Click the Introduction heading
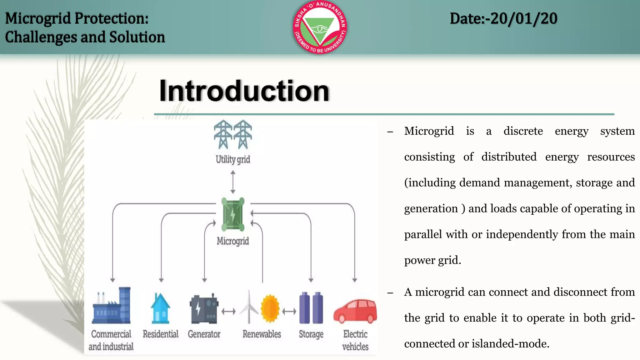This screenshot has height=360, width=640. pyautogui.click(x=244, y=91)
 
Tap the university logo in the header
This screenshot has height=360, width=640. pyautogui.click(x=320, y=27)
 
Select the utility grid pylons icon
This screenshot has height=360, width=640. pyautogui.click(x=233, y=135)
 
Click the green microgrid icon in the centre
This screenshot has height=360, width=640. pyautogui.click(x=233, y=214)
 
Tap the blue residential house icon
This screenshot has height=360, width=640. pyautogui.click(x=160, y=309)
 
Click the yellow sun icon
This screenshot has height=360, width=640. pyautogui.click(x=270, y=309)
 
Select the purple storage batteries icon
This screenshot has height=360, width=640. pyautogui.click(x=311, y=308)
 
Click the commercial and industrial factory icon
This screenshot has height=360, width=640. pyautogui.click(x=111, y=306)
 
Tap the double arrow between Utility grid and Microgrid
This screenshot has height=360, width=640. pyautogui.click(x=233, y=182)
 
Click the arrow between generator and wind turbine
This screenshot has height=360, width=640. pyautogui.click(x=228, y=312)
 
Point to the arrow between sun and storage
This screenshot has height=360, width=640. pyautogui.click(x=289, y=312)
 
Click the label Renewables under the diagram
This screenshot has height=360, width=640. pyautogui.click(x=262, y=334)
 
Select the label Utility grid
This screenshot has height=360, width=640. pyautogui.click(x=233, y=159)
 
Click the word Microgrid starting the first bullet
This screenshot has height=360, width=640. pyautogui.click(x=429, y=131)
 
